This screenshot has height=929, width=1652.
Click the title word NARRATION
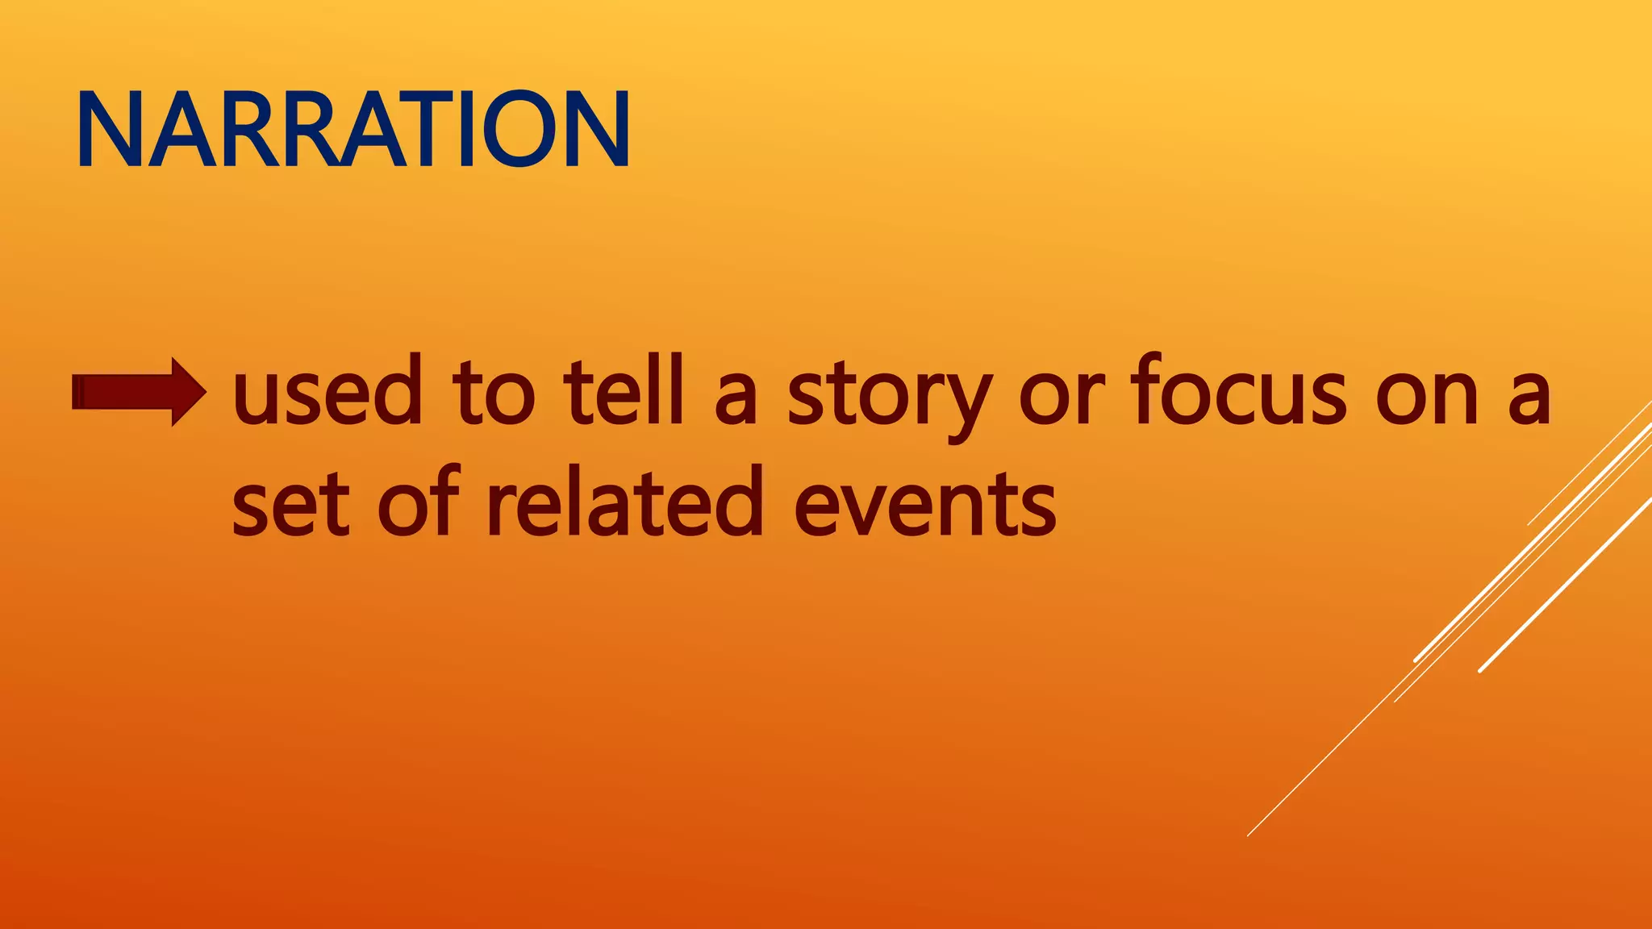pyautogui.click(x=353, y=129)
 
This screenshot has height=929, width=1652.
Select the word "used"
pyautogui.click(x=327, y=393)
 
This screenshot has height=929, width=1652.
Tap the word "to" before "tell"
pyautogui.click(x=493, y=393)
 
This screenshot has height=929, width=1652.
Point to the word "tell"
pyautogui.click(x=624, y=393)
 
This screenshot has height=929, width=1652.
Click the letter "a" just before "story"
pyautogui.click(x=736, y=399)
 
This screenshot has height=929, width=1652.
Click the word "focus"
pyautogui.click(x=1238, y=393)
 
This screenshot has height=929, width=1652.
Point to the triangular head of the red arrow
pyautogui.click(x=187, y=392)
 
